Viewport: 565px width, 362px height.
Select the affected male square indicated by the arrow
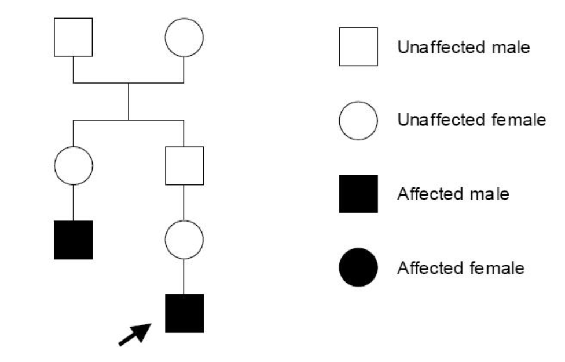[x=184, y=313]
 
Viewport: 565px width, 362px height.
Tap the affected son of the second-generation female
[x=73, y=240]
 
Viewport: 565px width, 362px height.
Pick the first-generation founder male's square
[x=73, y=37]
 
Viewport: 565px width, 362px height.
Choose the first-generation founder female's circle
[x=184, y=37]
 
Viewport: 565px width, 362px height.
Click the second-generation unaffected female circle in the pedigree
[x=73, y=165]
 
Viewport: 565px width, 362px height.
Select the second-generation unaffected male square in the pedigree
[x=184, y=165]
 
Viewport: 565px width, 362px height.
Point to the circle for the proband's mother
[x=184, y=240]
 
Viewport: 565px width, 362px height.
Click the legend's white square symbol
[x=358, y=46]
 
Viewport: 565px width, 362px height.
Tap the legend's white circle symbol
[x=358, y=120]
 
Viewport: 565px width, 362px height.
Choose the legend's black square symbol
[x=358, y=194]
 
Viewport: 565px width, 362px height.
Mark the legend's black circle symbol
[x=358, y=267]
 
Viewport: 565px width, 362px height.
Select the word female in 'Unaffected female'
[x=515, y=121]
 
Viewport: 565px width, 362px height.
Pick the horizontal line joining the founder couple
[x=129, y=82]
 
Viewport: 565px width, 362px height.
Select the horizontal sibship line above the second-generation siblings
[x=129, y=120]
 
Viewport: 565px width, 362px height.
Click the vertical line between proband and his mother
[x=184, y=276]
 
